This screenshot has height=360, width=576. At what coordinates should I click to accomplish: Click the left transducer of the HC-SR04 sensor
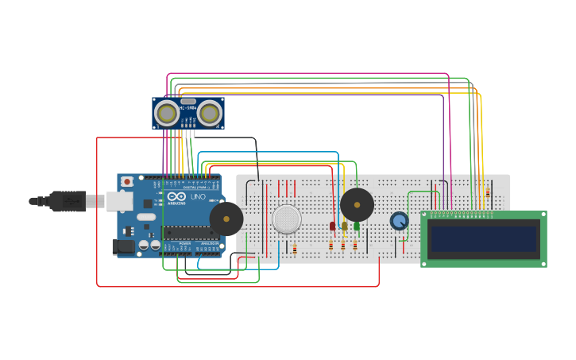(167, 114)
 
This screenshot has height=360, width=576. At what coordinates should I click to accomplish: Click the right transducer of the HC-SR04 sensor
(210, 114)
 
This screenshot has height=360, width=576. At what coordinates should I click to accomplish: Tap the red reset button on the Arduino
(127, 181)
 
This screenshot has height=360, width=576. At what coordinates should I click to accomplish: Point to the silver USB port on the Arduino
(119, 202)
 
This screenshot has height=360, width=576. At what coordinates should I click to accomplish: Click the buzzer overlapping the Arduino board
(226, 219)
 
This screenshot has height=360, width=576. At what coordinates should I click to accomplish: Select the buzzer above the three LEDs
(357, 205)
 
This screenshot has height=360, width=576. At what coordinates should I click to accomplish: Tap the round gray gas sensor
(287, 219)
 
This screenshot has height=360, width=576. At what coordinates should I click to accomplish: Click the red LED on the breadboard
(333, 226)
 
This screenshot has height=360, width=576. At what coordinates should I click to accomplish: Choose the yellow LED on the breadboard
(344, 226)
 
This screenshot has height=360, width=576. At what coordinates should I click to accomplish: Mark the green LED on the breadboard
(356, 226)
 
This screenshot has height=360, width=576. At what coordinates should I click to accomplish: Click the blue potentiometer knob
(399, 221)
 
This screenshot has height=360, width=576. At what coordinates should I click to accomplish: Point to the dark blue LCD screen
(483, 238)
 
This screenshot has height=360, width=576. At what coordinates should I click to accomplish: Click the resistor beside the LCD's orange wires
(487, 193)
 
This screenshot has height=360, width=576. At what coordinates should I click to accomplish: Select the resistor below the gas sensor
(295, 249)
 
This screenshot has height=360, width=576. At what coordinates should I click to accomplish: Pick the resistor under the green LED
(355, 246)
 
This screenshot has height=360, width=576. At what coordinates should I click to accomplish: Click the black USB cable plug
(68, 201)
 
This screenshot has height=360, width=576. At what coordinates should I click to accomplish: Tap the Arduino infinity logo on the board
(176, 196)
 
